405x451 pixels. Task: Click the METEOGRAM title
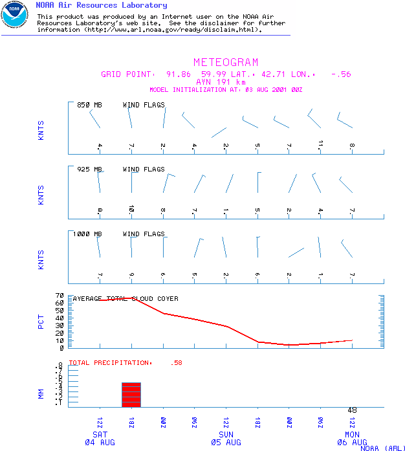226,63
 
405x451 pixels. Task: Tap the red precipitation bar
131,395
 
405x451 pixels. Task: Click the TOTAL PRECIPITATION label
110,363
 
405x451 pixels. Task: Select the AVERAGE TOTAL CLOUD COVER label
126,299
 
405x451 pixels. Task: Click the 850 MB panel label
89,105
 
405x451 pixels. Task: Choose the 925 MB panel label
89,170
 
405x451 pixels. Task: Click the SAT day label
100,434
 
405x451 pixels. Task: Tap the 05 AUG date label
226,442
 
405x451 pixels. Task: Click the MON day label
352,434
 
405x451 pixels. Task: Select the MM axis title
41,392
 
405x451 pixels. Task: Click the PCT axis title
41,322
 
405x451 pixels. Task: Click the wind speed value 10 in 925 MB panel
131,208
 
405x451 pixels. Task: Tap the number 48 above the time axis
353,410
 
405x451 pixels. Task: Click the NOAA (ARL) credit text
383,448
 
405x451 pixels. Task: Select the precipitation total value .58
176,363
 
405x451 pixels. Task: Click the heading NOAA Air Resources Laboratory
101,5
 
